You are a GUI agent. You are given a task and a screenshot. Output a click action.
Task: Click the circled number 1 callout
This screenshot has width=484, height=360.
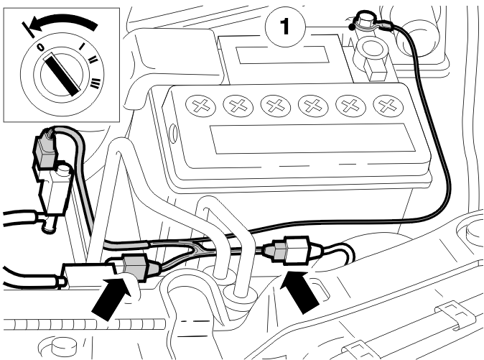click(x=285, y=27)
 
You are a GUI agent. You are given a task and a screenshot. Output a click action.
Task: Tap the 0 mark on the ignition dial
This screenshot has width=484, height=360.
click(x=40, y=47)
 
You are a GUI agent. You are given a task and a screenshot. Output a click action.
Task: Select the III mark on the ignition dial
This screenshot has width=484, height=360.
click(x=96, y=83)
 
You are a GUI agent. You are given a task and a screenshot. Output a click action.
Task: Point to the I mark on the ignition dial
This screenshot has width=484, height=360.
click(x=82, y=46)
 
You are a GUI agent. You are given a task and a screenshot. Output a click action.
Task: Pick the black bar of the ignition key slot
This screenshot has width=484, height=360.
click(x=62, y=74)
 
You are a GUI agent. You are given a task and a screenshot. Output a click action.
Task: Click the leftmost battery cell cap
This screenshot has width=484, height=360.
click(x=200, y=106)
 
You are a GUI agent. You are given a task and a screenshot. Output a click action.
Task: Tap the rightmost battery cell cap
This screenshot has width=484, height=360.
click(x=388, y=106)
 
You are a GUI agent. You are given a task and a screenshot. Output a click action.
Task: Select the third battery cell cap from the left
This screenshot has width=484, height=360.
click(x=276, y=106)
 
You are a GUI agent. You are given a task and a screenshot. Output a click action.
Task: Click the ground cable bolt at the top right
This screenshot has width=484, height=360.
click(x=364, y=19)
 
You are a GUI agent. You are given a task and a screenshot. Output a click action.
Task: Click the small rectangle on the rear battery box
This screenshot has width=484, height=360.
click(x=281, y=55)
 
